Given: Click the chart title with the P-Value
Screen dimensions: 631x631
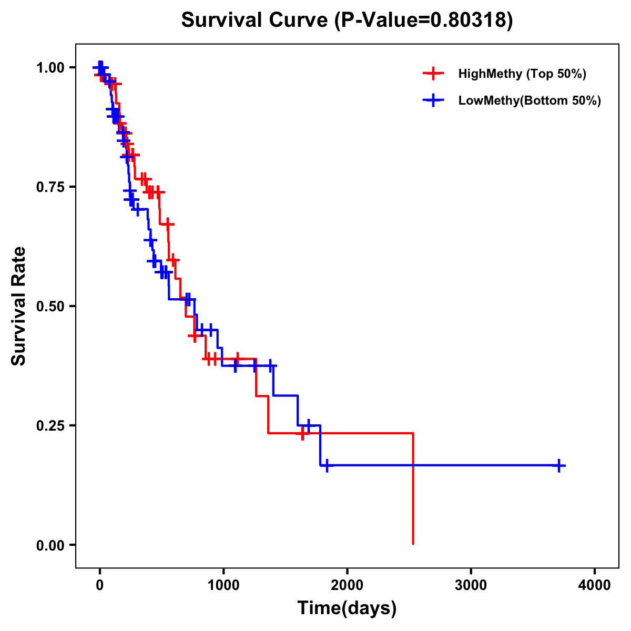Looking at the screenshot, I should coord(347,20).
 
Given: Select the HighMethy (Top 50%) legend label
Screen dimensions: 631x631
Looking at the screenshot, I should coord(522,74).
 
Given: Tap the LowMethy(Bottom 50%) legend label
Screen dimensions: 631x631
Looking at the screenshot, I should coord(530,101).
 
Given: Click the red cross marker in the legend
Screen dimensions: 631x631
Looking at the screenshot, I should coord(432,74).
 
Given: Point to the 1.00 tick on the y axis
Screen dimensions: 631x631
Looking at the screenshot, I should coord(50,68).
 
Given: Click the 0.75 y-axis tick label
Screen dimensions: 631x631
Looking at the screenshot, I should coord(50,187).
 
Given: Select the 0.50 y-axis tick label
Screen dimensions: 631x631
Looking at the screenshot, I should coord(50,307).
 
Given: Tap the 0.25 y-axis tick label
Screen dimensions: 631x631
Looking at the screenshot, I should coord(50,426).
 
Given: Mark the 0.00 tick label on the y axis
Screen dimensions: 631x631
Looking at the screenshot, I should coord(50,545).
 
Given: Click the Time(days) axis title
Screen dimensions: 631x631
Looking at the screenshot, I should coord(347,608).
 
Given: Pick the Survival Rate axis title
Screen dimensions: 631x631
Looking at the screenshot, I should coord(19,306).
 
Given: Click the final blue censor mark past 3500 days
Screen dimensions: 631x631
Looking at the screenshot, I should coord(559,465).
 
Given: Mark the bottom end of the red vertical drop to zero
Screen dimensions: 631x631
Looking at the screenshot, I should coord(413,544).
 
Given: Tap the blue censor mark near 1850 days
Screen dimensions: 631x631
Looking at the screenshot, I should coord(327,465).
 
